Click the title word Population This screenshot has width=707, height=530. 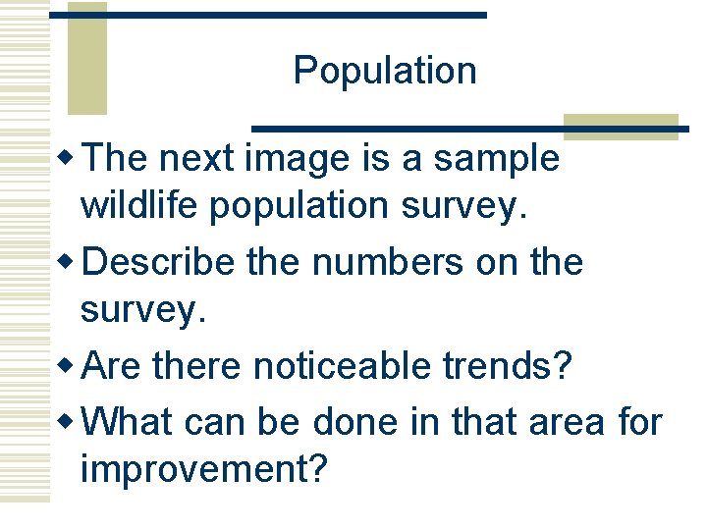click(x=385, y=72)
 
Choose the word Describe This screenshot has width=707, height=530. click(x=160, y=263)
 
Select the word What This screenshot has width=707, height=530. click(x=129, y=422)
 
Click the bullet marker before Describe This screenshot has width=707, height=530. click(x=71, y=262)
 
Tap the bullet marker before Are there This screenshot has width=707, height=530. click(x=71, y=366)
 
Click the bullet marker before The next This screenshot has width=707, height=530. click(x=71, y=157)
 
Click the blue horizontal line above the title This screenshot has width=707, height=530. click(x=268, y=15)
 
